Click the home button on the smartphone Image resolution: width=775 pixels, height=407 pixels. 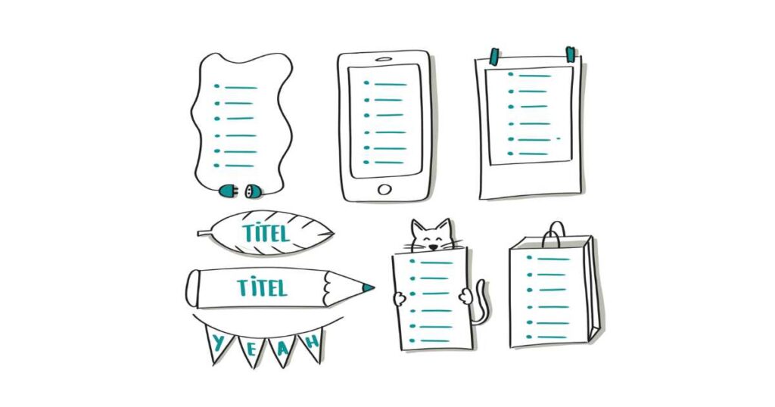pyautogui.click(x=384, y=189)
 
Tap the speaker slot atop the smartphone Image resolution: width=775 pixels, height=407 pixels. pyautogui.click(x=384, y=59)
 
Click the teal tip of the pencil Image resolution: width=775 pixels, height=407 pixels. pyautogui.click(x=368, y=287)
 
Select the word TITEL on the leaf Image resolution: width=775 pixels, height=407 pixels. pyautogui.click(x=266, y=233)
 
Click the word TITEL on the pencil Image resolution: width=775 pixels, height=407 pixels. pyautogui.click(x=262, y=287)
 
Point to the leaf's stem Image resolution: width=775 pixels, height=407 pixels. pyautogui.click(x=204, y=233)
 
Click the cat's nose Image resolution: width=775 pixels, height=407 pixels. pyautogui.click(x=433, y=245)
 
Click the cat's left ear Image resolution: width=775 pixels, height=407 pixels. pyautogui.click(x=418, y=228)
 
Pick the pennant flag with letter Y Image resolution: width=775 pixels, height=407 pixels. pyautogui.click(x=217, y=343)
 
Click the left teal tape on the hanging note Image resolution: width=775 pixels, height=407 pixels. pyautogui.click(x=493, y=56)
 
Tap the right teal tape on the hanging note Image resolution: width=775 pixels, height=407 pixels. pyautogui.click(x=571, y=54)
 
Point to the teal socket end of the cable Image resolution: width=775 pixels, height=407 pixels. pyautogui.click(x=254, y=190)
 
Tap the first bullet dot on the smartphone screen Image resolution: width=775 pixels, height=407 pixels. pyautogui.click(x=366, y=83)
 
